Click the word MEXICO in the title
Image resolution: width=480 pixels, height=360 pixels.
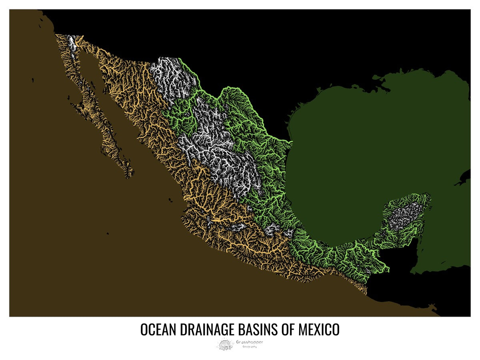319,330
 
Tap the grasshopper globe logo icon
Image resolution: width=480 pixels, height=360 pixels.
225,344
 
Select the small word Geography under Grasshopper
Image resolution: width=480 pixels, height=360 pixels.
250,346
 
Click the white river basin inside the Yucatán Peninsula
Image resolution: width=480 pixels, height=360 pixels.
404,216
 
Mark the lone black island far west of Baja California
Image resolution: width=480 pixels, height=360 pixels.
33,80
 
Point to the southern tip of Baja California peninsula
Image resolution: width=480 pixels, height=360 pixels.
129,176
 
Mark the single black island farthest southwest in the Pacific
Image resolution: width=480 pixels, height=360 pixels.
108,234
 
